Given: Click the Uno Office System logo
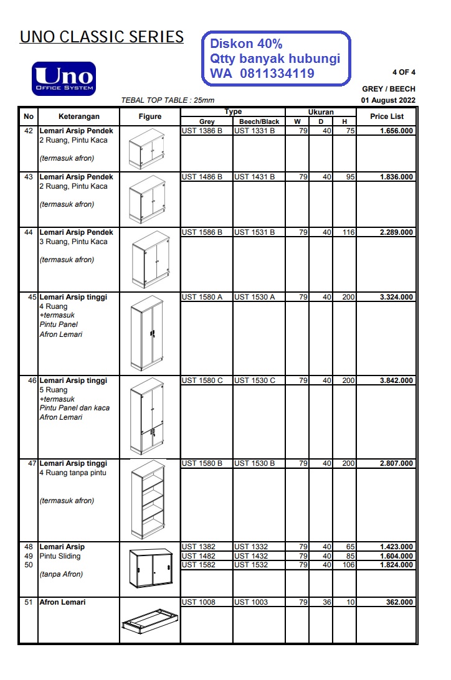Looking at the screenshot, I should pos(64,78).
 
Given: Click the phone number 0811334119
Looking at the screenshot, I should pos(277,74).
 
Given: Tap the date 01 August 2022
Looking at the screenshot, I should pos(388,100).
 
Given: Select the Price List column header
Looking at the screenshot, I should pos(387,116).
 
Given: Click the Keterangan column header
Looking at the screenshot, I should pos(78,116).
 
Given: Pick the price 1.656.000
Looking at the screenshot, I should pos(396,131).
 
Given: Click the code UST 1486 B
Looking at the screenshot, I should pos(202,177).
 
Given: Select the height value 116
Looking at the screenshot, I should pos(348,232).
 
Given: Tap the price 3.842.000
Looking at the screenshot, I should pos(396,380).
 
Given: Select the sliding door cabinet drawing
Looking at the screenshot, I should pos(150,567).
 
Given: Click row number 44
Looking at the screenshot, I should pos(28,232).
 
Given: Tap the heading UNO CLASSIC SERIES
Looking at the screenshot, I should pos(102,37).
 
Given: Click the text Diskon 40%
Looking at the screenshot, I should pos(246,44).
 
